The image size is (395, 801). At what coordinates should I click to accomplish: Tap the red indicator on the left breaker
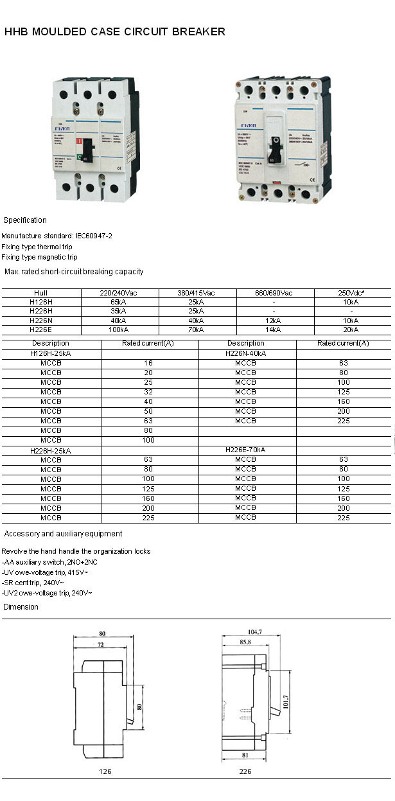pyautogui.click(x=79, y=141)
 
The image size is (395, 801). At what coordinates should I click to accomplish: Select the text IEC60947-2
pyautogui.click(x=94, y=236)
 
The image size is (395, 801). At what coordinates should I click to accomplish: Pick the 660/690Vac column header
pyautogui.click(x=275, y=293)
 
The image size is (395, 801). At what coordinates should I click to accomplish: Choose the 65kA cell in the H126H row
pyautogui.click(x=119, y=302)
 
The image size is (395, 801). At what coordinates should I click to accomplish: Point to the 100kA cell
pyautogui.click(x=119, y=330)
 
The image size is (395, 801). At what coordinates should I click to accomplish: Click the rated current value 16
pyautogui.click(x=148, y=363)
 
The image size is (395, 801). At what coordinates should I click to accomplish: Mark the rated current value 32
pyautogui.click(x=148, y=392)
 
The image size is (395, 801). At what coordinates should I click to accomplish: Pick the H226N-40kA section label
pyautogui.click(x=246, y=353)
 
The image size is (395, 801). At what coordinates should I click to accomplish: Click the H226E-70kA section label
pyautogui.click(x=246, y=450)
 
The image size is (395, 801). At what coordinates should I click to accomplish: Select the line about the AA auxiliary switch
pyautogui.click(x=50, y=562)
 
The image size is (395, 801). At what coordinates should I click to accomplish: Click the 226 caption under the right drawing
pyautogui.click(x=245, y=771)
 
